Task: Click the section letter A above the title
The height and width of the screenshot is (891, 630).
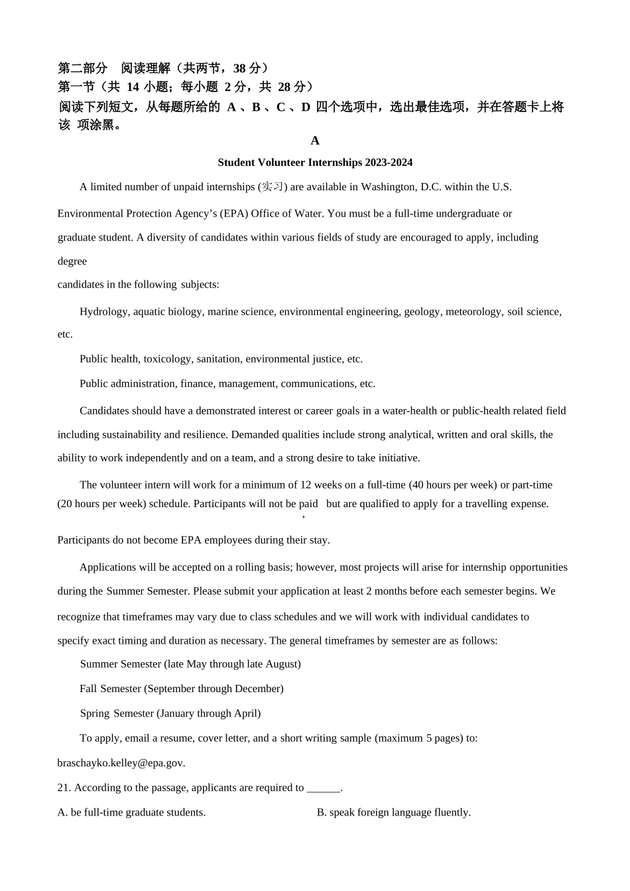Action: coord(314,141)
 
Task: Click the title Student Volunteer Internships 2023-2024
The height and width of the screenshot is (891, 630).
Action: coord(314,162)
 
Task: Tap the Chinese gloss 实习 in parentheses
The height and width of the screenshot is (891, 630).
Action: coord(272,187)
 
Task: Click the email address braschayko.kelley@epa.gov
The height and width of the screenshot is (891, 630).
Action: coord(121,763)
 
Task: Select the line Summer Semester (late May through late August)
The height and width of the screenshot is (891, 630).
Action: coord(190,664)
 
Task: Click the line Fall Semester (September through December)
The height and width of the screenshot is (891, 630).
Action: coord(181,689)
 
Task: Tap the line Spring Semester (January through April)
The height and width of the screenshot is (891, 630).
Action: coord(170,714)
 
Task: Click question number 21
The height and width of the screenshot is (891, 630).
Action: coord(64,788)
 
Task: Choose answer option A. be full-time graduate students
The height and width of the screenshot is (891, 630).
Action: coord(131,813)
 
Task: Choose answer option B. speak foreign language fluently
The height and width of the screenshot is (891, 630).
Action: coord(393,813)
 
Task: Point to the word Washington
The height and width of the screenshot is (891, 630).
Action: coord(389,187)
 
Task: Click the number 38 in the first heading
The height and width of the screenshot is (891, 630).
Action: coord(239,68)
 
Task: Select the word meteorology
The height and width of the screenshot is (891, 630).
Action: coord(473,312)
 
